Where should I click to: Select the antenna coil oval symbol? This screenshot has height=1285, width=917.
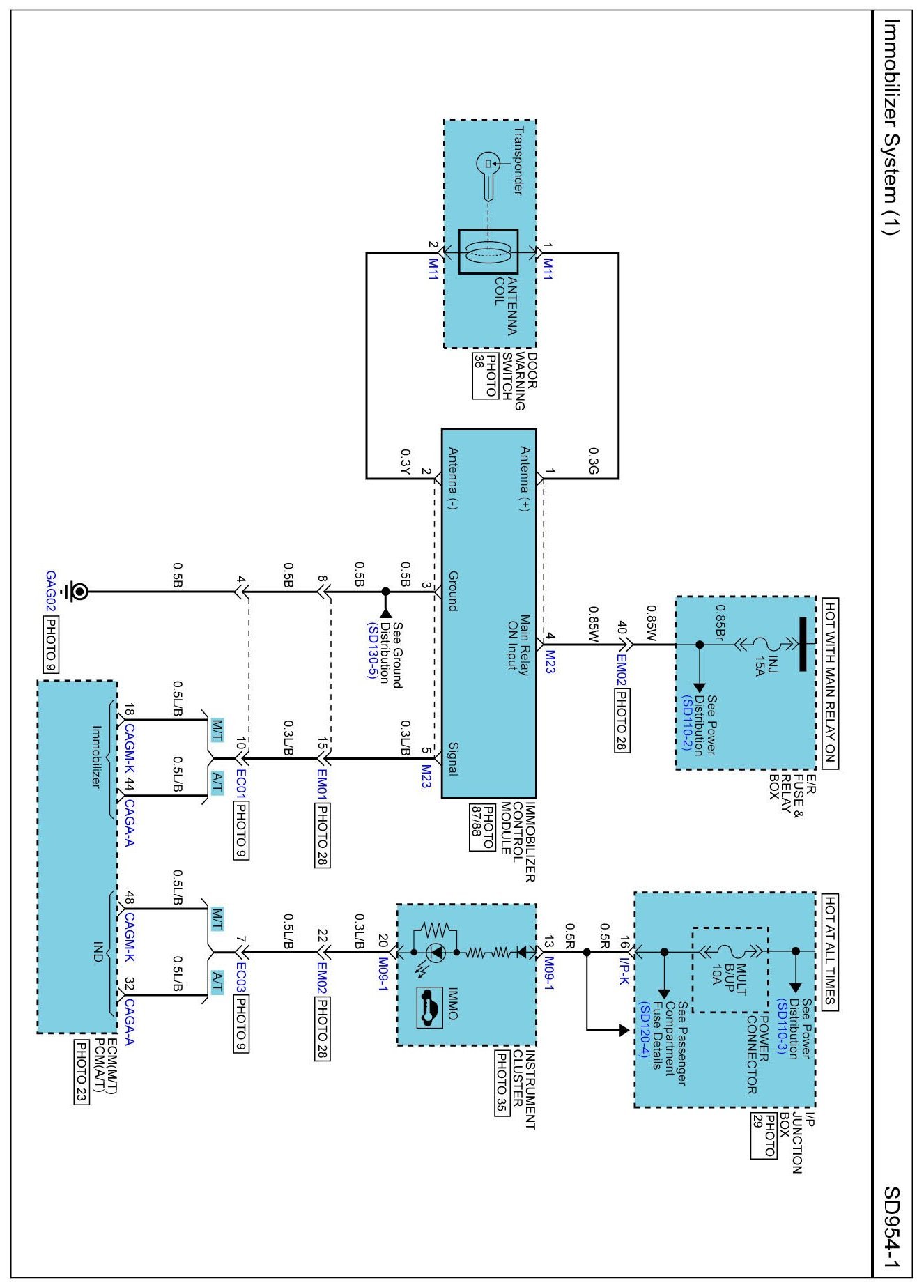[x=488, y=252]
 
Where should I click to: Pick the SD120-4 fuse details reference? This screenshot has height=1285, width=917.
[x=645, y=1029]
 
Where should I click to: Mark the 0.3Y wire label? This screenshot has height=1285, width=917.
[x=405, y=461]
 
